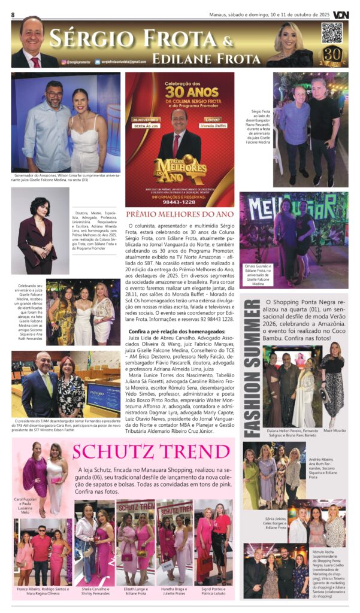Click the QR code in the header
(332, 34)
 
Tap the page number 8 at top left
(13, 14)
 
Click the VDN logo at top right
(340, 14)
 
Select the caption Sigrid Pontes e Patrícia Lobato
(213, 591)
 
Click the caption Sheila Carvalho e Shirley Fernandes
(94, 591)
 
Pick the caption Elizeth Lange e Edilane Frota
(134, 591)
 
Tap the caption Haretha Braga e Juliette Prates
(174, 591)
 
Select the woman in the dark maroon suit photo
(38, 230)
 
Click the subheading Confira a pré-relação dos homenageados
(168, 331)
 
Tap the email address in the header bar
(123, 62)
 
